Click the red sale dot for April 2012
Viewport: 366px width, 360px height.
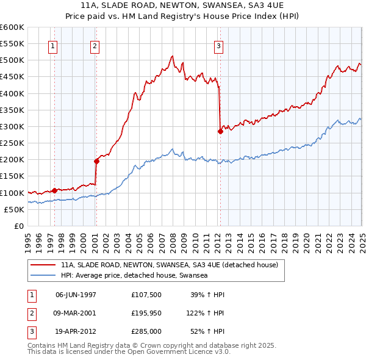pos(220,131)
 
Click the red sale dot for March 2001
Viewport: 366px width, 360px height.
pos(96,161)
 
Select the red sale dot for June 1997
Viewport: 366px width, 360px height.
pos(54,190)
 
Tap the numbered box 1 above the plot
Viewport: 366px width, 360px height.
pos(53,45)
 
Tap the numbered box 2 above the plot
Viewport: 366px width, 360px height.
pos(95,45)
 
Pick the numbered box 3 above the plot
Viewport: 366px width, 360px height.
pos(218,45)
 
